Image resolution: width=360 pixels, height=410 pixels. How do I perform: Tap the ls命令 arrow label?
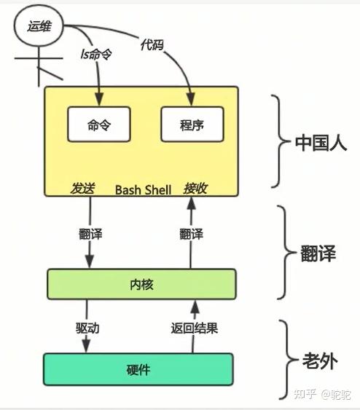click(95, 56)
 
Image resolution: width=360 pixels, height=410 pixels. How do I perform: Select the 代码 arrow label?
click(152, 45)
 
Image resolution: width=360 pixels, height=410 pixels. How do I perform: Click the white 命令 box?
click(98, 125)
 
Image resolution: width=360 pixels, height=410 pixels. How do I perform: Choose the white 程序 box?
click(192, 125)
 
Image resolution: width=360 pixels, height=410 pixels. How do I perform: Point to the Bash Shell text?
click(143, 189)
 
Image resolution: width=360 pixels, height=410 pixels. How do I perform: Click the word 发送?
click(82, 189)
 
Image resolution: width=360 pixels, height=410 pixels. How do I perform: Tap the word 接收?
click(196, 189)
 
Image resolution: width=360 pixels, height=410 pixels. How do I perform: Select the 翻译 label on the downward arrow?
click(90, 234)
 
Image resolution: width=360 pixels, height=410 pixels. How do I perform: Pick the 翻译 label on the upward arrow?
click(191, 234)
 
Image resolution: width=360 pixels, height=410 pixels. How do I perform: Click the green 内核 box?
click(141, 284)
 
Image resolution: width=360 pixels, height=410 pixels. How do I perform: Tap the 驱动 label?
click(87, 328)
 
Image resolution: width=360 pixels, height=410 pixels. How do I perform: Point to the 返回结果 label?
click(195, 328)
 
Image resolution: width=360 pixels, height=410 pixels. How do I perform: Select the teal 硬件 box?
click(138, 369)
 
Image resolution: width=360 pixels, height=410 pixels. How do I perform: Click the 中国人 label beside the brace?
click(321, 143)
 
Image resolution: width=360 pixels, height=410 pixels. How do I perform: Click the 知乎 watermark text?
click(305, 394)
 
